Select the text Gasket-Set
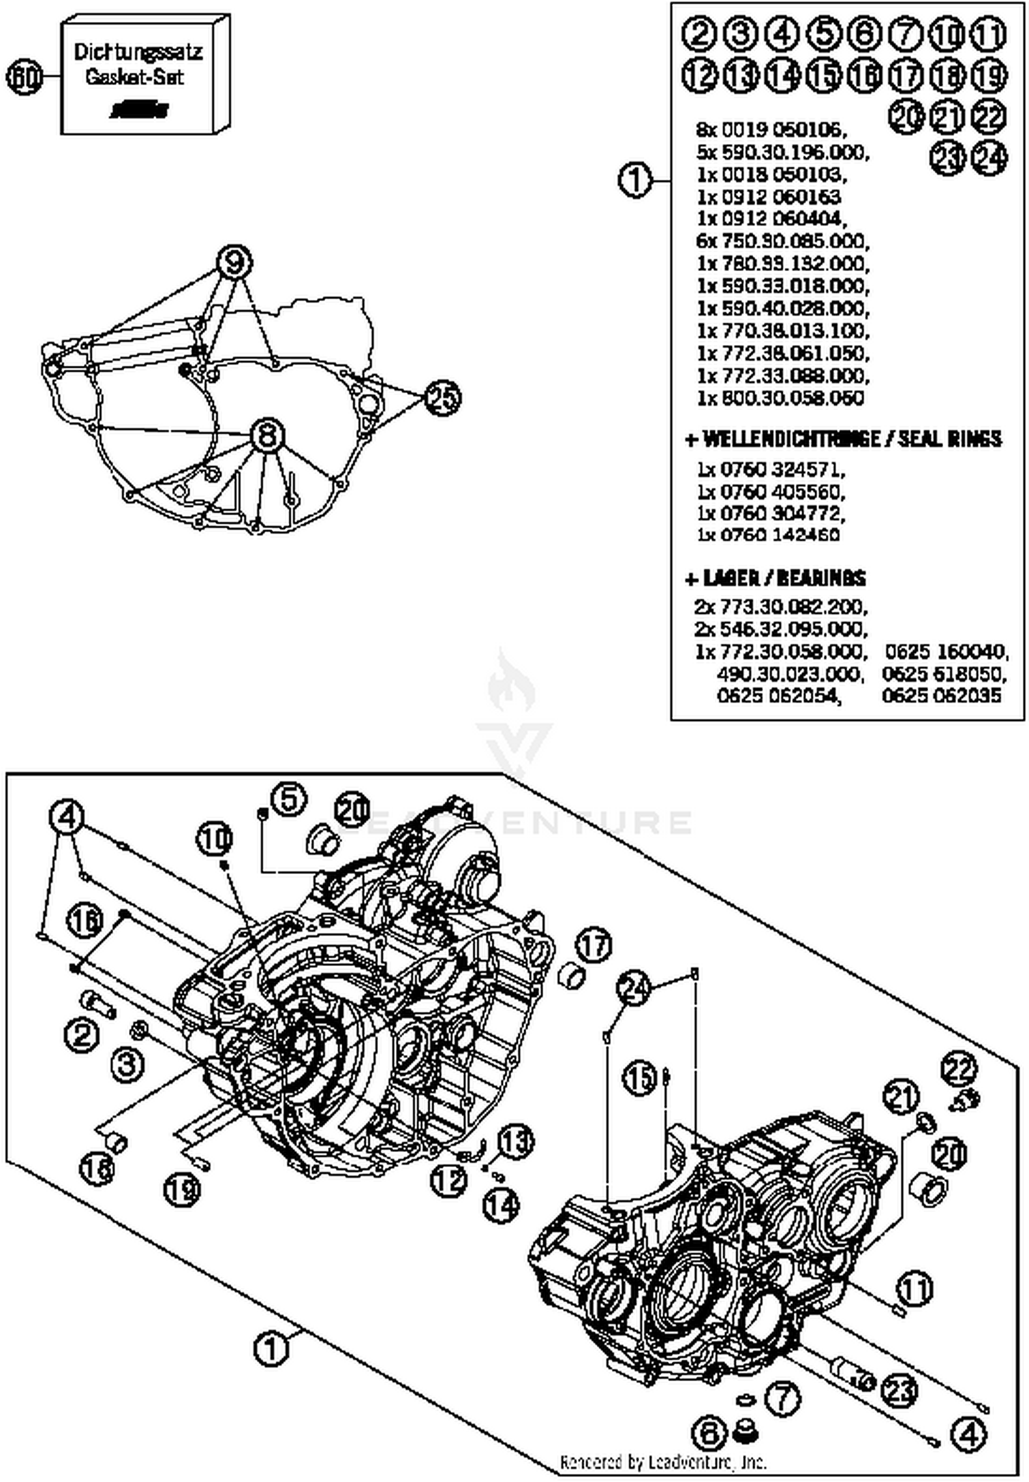134,77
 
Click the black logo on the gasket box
141,110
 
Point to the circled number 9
234,261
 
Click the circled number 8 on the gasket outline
268,435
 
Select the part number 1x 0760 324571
771,470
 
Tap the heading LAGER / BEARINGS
777,578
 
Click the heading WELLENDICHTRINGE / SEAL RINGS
844,438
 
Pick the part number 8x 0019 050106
771,129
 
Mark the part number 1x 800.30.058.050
780,399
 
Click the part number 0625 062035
941,696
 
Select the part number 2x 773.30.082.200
781,607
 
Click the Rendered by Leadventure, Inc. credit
663,1462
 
